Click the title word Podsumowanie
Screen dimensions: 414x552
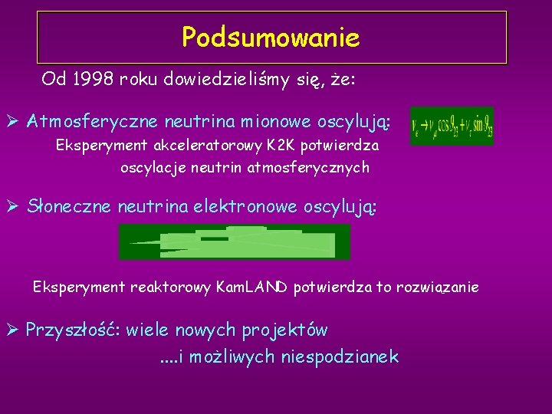(x=271, y=37)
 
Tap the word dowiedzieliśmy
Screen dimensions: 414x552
(x=229, y=78)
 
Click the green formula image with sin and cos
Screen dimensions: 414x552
(x=452, y=125)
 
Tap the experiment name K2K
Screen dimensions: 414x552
(x=262, y=145)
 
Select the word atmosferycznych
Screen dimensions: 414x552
(x=308, y=166)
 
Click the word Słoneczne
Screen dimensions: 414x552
(x=70, y=205)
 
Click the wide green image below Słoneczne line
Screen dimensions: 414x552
(x=234, y=242)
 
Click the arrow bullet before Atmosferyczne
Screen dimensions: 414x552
(x=14, y=121)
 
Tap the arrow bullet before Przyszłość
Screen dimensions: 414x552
(x=14, y=330)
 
